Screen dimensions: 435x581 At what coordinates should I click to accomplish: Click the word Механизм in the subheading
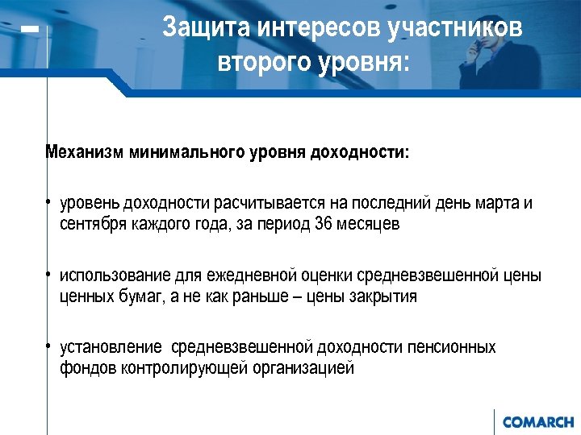click(83, 153)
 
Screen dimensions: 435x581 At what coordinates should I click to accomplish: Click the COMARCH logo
click(537, 421)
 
